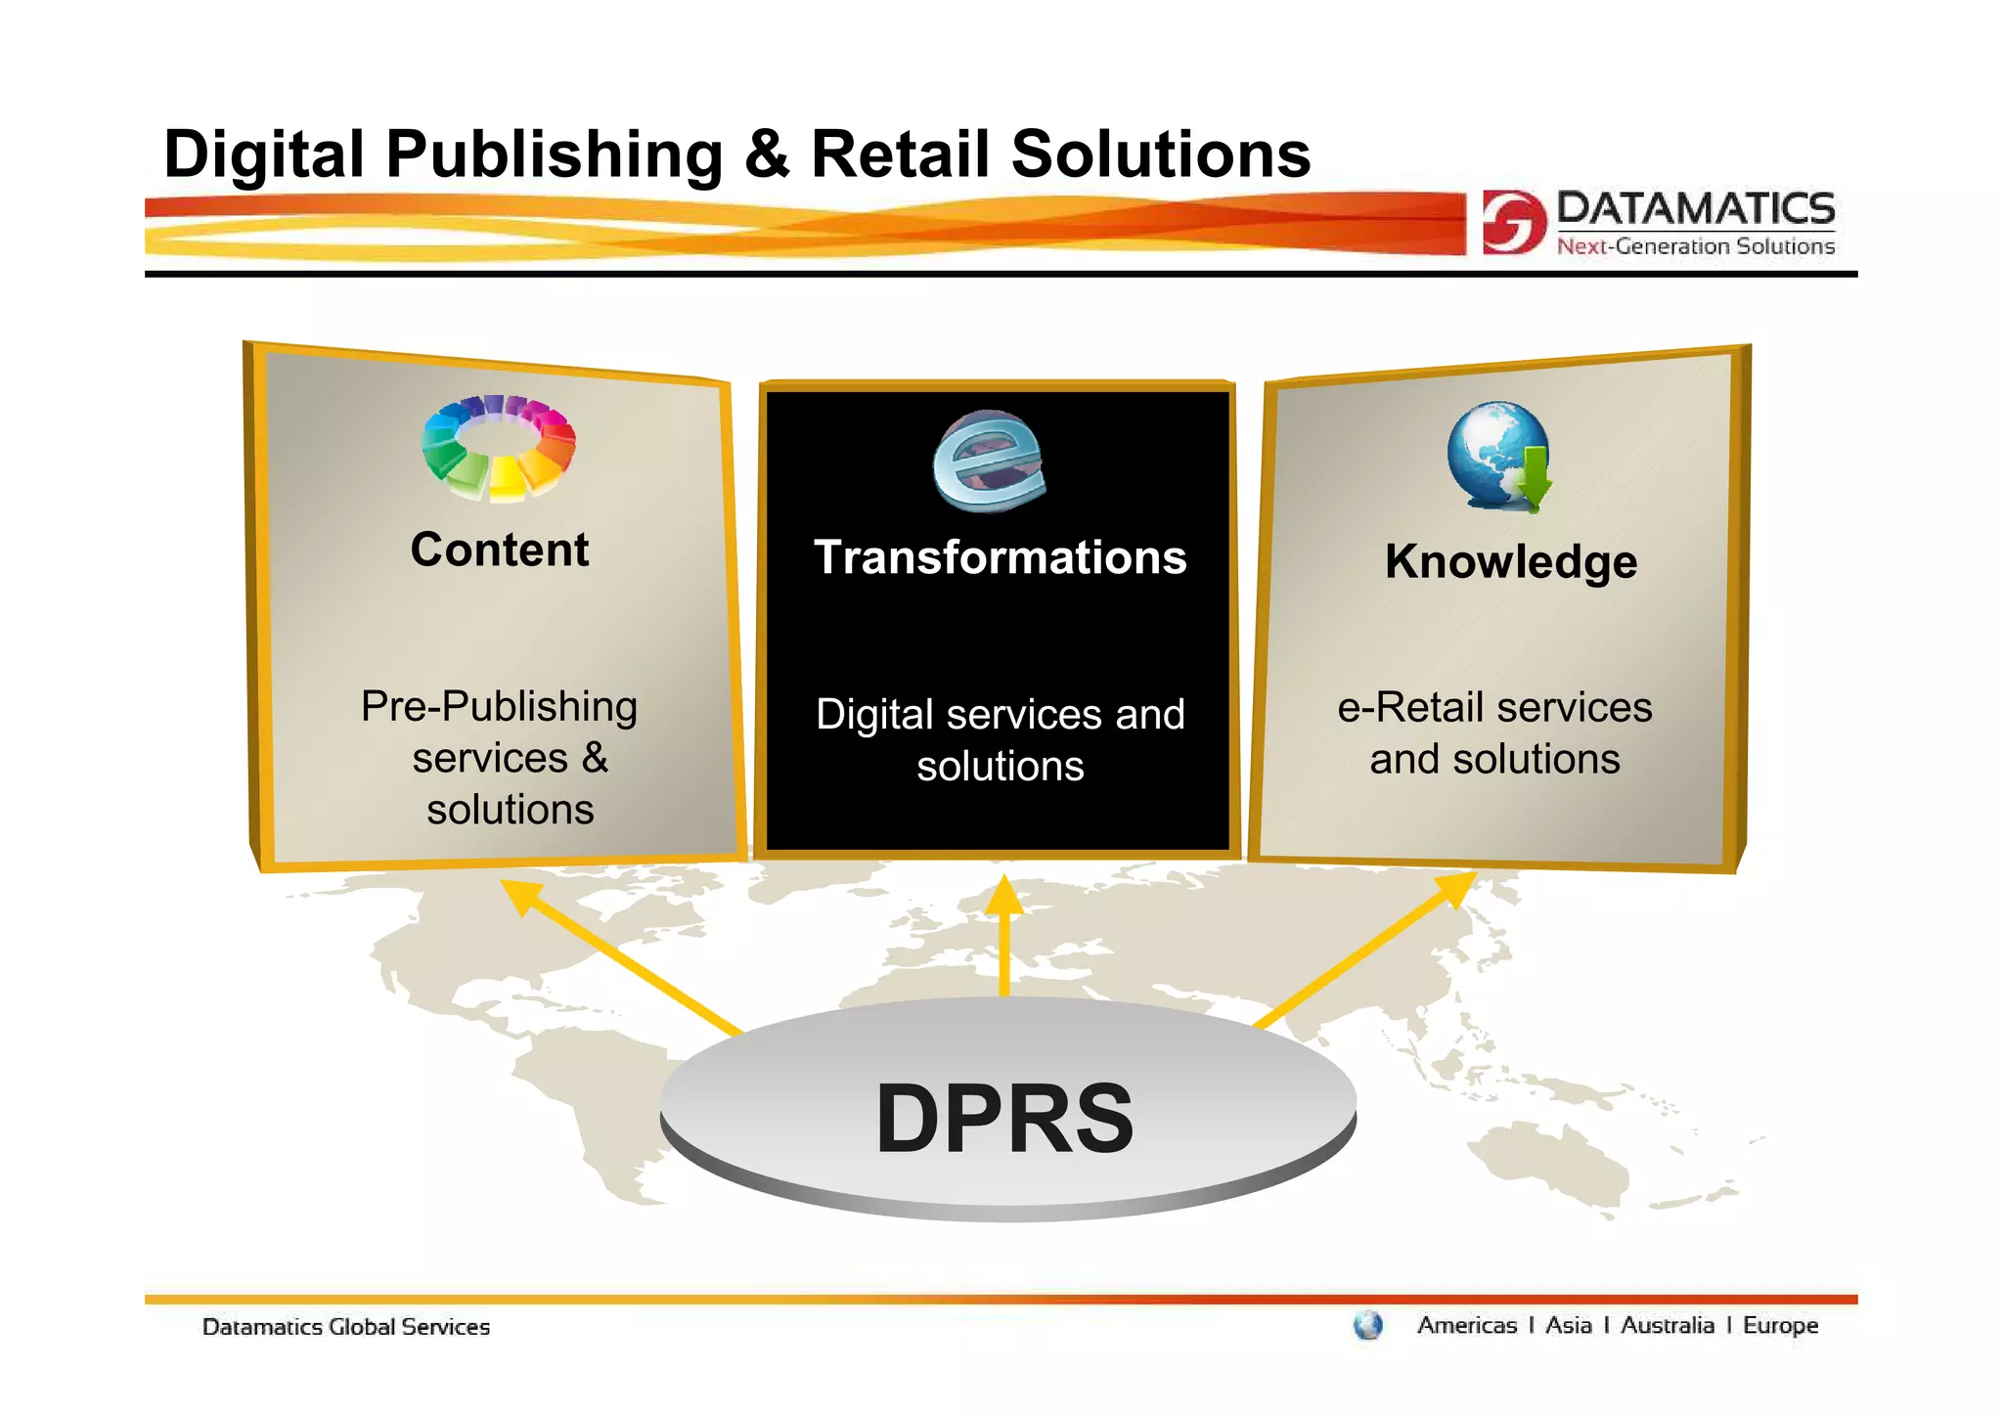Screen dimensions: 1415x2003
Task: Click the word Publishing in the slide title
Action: (555, 155)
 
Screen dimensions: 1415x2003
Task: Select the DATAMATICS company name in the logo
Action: (1695, 208)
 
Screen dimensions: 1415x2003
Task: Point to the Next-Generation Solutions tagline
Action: (1695, 246)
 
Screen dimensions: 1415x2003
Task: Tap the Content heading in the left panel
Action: (500, 550)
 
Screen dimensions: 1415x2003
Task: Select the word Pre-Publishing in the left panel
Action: (499, 706)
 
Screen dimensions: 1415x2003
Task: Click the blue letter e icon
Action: (988, 461)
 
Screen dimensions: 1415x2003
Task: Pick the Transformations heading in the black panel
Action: (1000, 557)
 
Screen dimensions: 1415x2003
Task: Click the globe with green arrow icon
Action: (1500, 456)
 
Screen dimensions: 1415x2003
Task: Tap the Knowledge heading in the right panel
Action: (1511, 562)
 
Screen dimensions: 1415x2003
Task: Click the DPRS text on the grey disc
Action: (1004, 1119)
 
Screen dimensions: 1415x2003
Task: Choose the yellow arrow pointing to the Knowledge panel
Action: (1365, 949)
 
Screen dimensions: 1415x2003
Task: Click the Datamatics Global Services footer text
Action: (346, 1327)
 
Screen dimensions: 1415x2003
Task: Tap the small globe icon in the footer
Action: (1368, 1326)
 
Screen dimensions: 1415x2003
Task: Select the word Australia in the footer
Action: (1668, 1325)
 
